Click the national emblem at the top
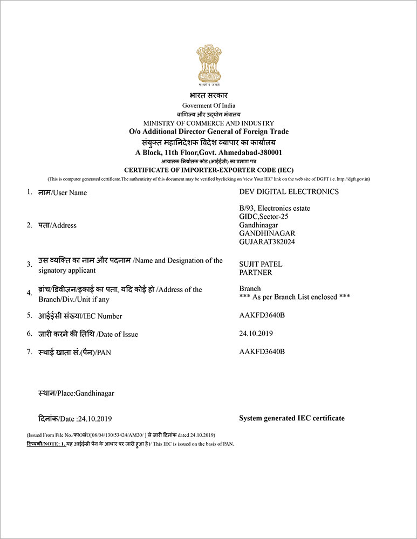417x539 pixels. pyautogui.click(x=208, y=66)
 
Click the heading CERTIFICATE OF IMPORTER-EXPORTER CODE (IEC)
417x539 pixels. pyautogui.click(x=208, y=170)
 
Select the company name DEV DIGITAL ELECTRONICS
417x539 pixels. pyautogui.click(x=289, y=192)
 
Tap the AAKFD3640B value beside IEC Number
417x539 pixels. pyautogui.click(x=262, y=316)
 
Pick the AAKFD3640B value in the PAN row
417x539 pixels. pyautogui.click(x=262, y=352)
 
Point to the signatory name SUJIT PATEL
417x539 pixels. pyautogui.click(x=261, y=264)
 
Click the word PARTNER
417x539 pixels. pyautogui.click(x=255, y=273)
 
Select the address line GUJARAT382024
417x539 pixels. pyautogui.click(x=267, y=242)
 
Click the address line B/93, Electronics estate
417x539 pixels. pyautogui.click(x=275, y=208)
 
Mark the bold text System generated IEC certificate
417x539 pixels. pyautogui.click(x=291, y=418)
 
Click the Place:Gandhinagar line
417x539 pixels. pyautogui.click(x=76, y=393)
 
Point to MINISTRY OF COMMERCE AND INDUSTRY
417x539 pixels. pyautogui.click(x=208, y=123)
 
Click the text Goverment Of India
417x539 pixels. pyautogui.click(x=208, y=106)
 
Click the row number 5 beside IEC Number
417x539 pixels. pyautogui.click(x=30, y=315)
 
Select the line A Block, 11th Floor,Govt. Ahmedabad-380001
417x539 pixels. pyautogui.click(x=208, y=153)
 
